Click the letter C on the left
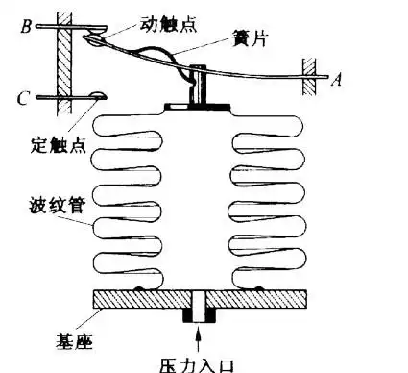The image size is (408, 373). [25, 96]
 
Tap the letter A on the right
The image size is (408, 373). [336, 81]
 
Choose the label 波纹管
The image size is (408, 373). [47, 204]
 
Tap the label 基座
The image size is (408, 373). [45, 338]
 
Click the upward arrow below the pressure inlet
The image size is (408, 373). [199, 340]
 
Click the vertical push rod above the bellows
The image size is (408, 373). [200, 85]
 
